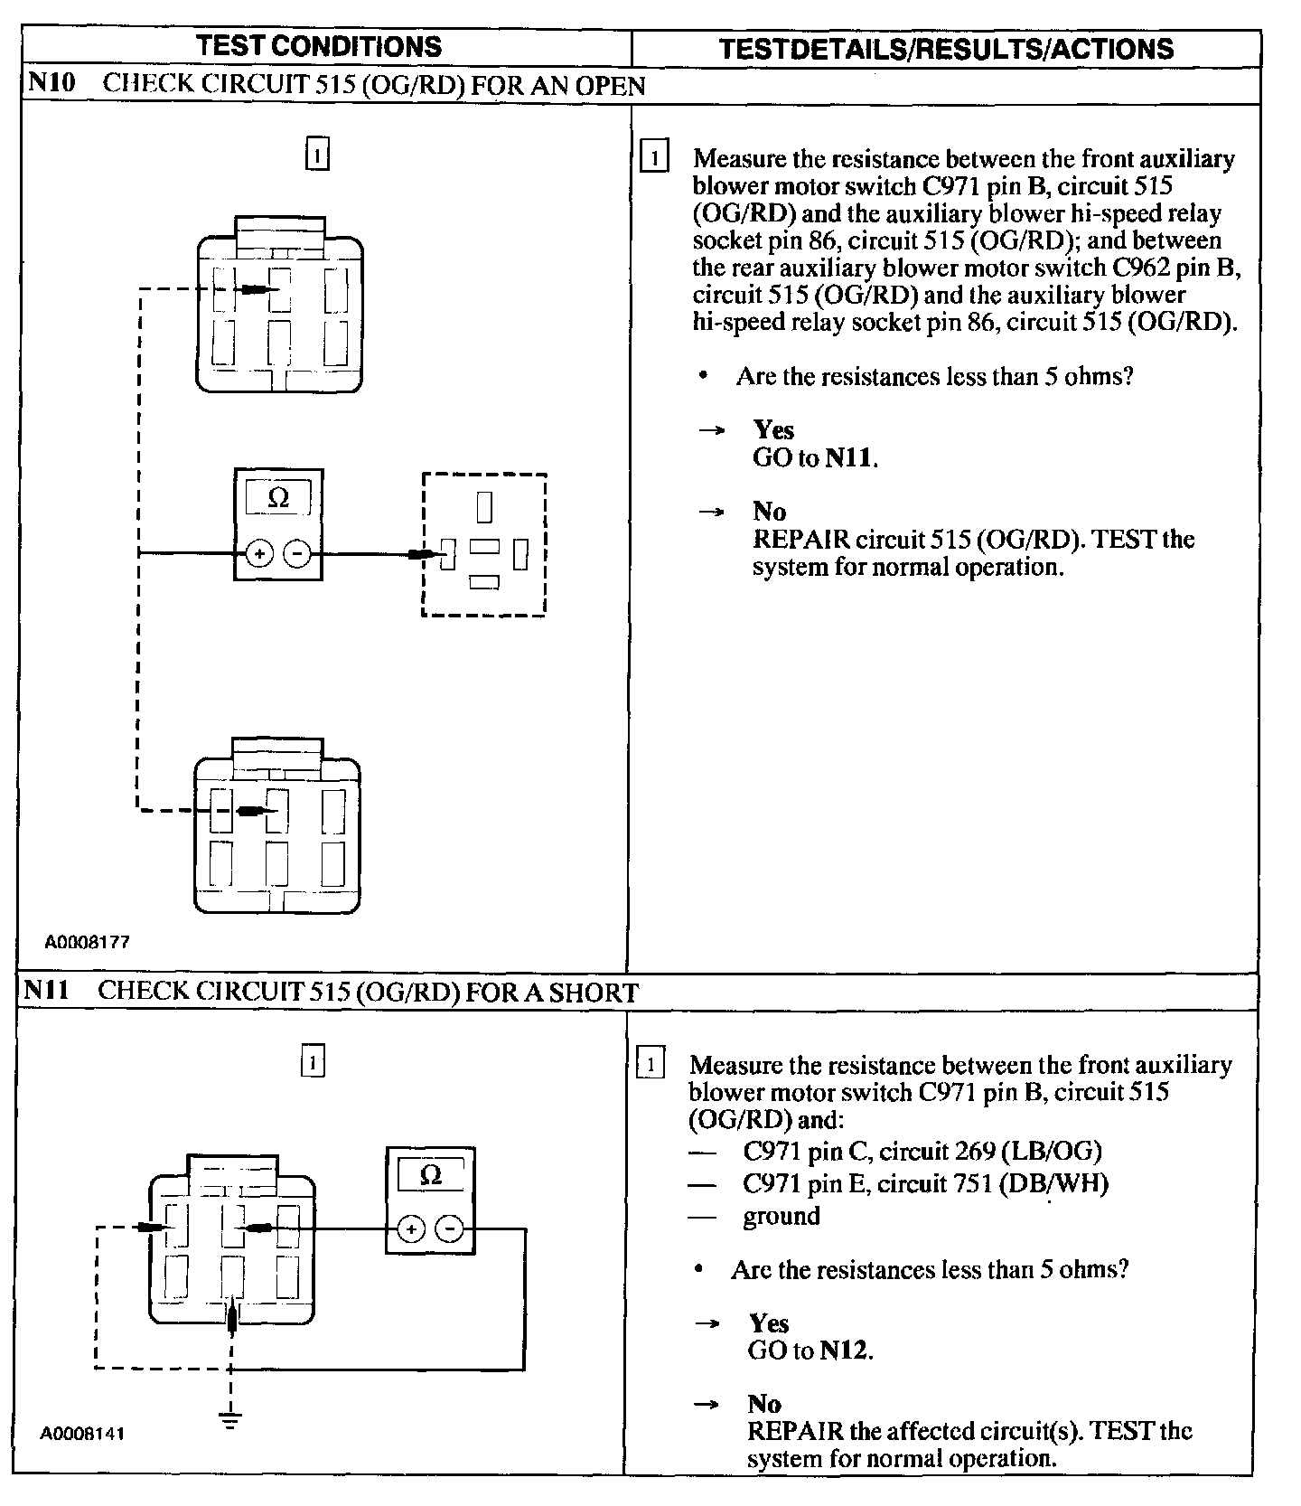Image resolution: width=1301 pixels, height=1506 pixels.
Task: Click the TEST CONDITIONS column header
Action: (319, 46)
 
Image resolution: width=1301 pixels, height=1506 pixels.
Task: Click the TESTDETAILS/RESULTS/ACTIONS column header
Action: (946, 48)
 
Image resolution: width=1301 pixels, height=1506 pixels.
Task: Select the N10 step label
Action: (49, 83)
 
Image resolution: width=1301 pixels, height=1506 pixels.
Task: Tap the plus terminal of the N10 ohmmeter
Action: (259, 553)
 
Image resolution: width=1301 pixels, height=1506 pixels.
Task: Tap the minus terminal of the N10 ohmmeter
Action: (297, 553)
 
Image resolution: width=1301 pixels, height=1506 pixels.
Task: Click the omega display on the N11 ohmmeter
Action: (431, 1175)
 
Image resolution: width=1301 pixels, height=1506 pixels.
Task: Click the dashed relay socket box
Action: (484, 544)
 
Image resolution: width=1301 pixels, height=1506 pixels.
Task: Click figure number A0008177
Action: (88, 942)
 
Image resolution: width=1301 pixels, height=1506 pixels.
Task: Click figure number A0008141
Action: (82, 1434)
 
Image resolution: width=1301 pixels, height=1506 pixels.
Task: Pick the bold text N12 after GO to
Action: (844, 1351)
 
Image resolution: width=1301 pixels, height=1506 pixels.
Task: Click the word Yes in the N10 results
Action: (773, 430)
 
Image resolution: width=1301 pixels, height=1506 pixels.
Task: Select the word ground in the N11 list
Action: (782, 1216)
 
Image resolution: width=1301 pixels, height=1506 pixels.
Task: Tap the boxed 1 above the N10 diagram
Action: (317, 155)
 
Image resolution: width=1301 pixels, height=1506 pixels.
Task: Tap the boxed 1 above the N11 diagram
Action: (312, 1061)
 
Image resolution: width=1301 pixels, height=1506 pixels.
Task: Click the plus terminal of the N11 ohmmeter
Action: (411, 1229)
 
